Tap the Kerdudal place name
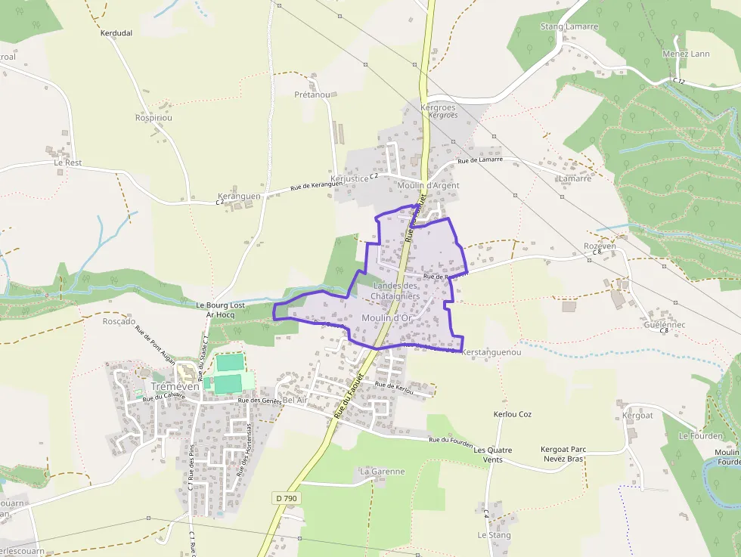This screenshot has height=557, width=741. pos(116,33)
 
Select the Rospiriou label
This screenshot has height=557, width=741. pos(153,118)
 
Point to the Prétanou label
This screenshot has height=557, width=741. pos(312,95)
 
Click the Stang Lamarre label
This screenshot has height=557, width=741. pos(569,26)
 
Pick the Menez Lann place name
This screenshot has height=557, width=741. pos(686,54)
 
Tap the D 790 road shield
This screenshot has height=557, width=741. pos(286,498)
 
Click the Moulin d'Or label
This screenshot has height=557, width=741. pos(386,318)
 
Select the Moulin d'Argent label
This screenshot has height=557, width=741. pos(428,185)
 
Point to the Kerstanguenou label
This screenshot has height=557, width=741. pos(491,352)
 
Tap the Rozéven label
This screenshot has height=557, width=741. pos(600,246)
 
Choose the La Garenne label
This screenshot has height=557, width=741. pos(383,472)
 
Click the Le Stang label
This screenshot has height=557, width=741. pos(494,535)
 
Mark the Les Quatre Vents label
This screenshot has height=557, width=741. pos(493,455)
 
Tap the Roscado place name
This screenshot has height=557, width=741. pos(119,321)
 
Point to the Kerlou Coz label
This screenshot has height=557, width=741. pos(513,415)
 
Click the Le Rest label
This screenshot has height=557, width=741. pos(68,162)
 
